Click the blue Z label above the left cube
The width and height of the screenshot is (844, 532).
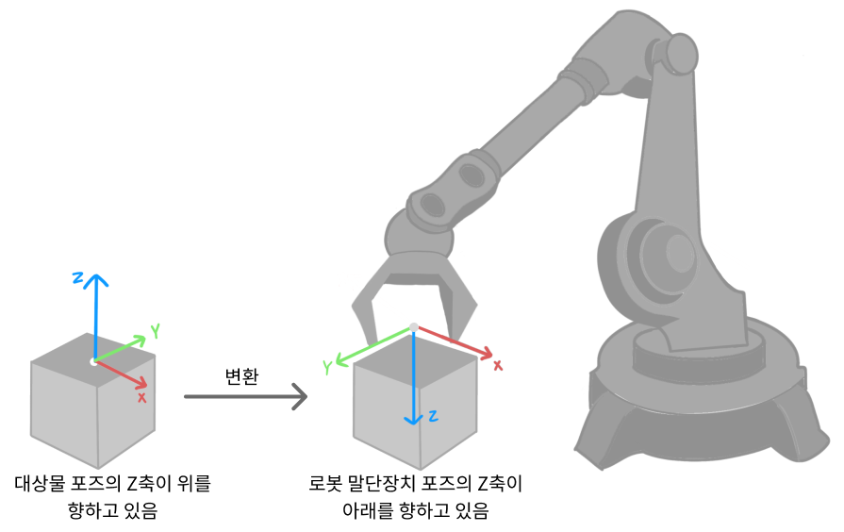click(x=79, y=277)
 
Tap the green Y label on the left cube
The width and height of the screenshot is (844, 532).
click(x=155, y=330)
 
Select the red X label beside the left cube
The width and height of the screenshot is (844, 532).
click(x=141, y=398)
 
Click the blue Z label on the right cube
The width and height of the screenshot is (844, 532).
click(x=432, y=415)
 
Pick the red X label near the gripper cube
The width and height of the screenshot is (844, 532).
click(x=498, y=365)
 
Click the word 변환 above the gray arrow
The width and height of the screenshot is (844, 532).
click(x=241, y=374)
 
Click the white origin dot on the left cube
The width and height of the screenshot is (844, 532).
click(x=92, y=361)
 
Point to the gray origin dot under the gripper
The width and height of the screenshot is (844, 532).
click(x=413, y=327)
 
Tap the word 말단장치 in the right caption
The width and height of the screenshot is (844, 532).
click(x=392, y=485)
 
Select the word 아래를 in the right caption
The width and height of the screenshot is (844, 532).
click(x=369, y=511)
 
